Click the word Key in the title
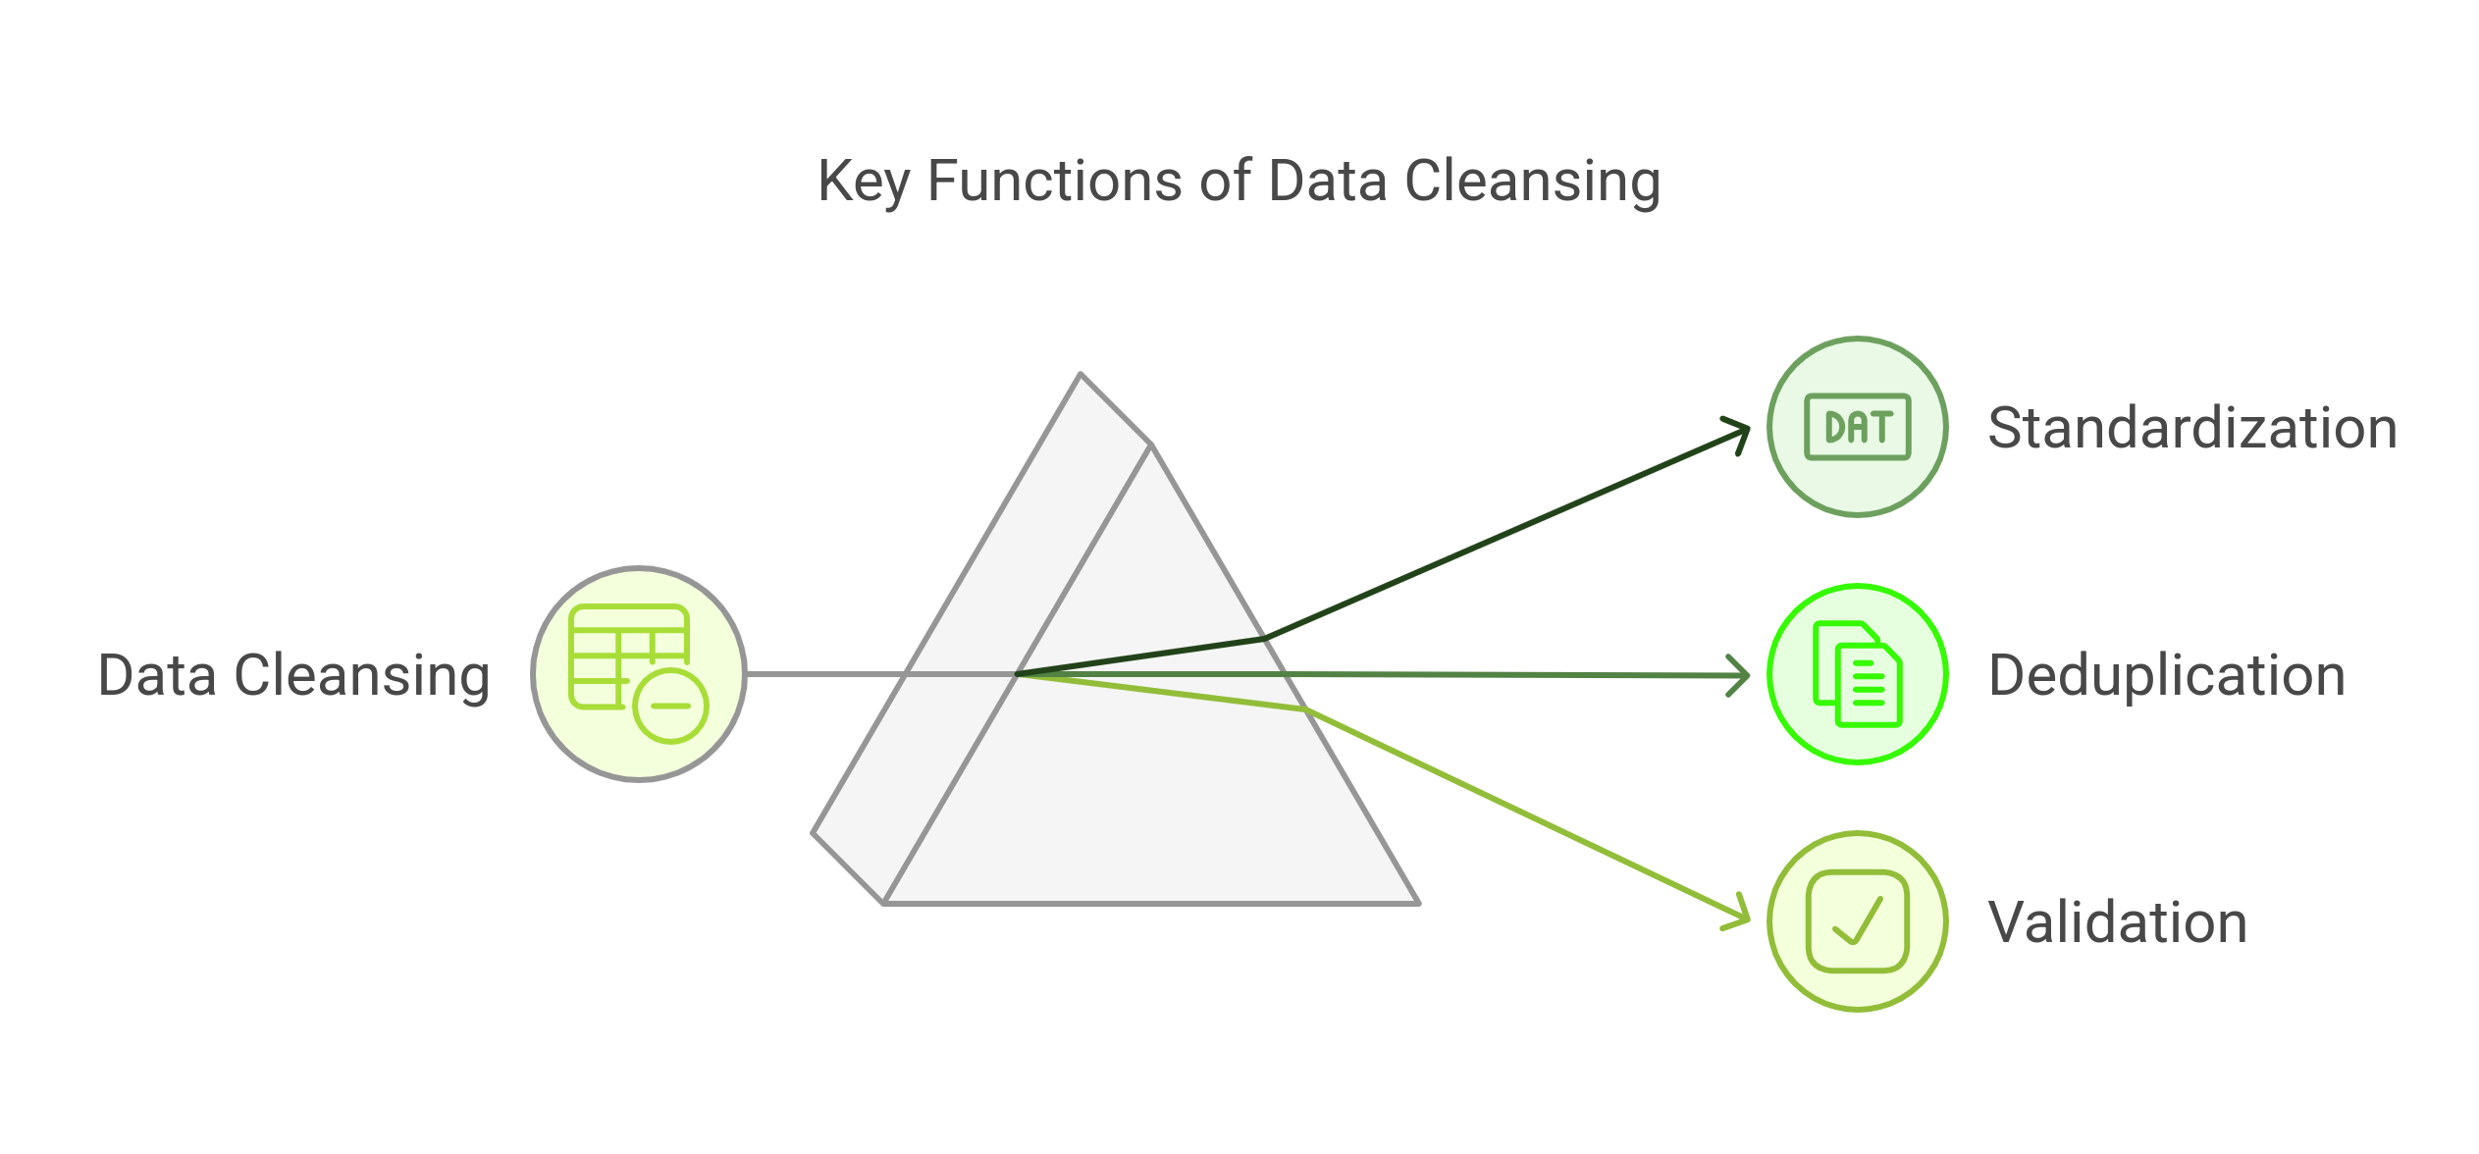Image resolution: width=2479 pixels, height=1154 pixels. click(x=863, y=183)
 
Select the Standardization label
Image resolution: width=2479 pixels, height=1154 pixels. click(x=2191, y=428)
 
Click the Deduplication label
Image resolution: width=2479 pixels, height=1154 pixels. click(x=2166, y=675)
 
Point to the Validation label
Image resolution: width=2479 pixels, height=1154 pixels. click(x=2117, y=922)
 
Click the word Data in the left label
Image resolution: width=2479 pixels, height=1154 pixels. click(x=157, y=675)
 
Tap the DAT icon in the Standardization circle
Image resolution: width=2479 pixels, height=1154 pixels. click(x=1858, y=427)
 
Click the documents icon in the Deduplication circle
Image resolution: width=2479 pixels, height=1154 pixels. click(x=1858, y=674)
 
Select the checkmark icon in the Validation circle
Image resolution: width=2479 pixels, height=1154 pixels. click(x=1858, y=921)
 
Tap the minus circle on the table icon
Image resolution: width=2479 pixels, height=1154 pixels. click(x=671, y=706)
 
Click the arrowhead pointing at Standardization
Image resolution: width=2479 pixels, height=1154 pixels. click(x=1740, y=432)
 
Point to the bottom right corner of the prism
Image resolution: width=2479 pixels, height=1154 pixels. click(x=1416, y=901)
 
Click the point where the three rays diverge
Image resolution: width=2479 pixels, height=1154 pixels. click(x=1019, y=674)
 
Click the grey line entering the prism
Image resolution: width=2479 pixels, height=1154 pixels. click(x=824, y=674)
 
